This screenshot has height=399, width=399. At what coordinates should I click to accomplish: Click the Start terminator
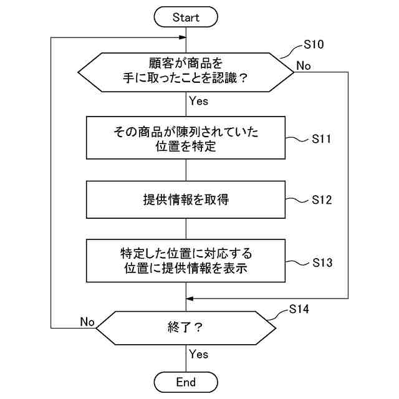tap(186, 17)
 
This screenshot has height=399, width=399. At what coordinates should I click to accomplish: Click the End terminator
tap(186, 382)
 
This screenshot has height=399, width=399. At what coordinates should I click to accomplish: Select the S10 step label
tap(314, 44)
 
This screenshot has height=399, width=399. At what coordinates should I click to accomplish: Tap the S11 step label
tap(322, 139)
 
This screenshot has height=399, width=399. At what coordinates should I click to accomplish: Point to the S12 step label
tap(322, 200)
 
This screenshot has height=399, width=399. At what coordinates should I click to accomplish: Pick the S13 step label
tap(322, 262)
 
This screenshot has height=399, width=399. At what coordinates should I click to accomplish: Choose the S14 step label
tap(299, 309)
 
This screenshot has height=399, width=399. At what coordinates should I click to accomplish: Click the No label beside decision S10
tap(304, 66)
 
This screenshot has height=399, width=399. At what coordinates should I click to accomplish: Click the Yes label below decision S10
tap(198, 101)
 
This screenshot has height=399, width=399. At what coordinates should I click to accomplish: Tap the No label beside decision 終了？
tap(87, 322)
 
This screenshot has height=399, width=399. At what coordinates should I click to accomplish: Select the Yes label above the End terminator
tap(198, 354)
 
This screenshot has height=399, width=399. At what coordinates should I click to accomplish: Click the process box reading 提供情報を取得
tap(186, 199)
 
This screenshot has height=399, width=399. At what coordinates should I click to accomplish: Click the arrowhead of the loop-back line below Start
tap(183, 37)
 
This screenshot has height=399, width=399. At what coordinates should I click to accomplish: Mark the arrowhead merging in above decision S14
tap(190, 299)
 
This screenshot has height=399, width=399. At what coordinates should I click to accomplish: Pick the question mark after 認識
tap(244, 77)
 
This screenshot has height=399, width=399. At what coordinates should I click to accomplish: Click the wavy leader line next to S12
tap(297, 200)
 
